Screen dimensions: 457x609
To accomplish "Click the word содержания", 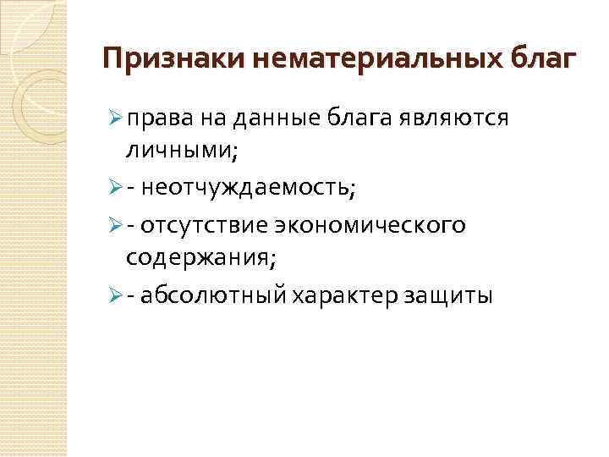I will (202, 256).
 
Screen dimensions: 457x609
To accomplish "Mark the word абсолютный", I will (215, 295).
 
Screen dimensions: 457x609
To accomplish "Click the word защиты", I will (447, 295).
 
